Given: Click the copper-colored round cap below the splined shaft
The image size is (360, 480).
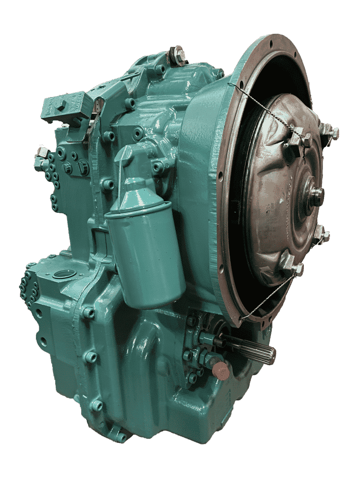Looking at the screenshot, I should (221, 370).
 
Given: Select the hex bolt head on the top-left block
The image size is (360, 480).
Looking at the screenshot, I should (60, 105).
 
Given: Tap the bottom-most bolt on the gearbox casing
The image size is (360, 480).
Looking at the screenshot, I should (120, 437).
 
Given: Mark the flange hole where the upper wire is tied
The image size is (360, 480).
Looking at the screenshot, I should (231, 85).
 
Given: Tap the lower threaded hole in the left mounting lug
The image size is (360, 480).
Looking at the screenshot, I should (43, 342).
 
